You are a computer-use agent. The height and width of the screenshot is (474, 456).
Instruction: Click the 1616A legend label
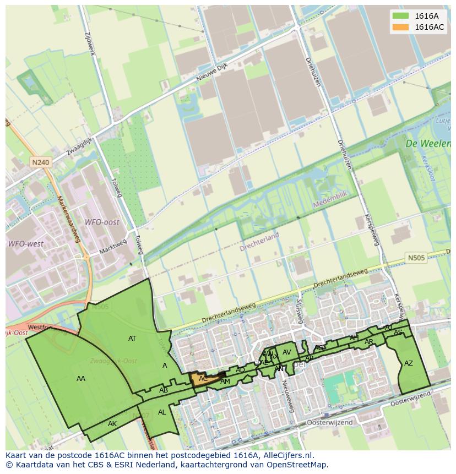(x=426, y=16)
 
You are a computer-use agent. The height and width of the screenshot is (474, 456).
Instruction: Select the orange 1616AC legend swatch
(x=401, y=27)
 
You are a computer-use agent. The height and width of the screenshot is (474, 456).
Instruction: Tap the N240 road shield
(x=40, y=162)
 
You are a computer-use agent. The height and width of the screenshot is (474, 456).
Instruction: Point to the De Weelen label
(x=427, y=143)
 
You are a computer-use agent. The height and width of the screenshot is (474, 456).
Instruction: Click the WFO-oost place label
(x=101, y=222)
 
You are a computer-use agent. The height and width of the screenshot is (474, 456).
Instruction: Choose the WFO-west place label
(x=25, y=243)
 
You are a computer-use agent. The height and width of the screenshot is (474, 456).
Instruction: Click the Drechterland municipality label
(x=259, y=242)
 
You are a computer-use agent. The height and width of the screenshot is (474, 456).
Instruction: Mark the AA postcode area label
(x=81, y=378)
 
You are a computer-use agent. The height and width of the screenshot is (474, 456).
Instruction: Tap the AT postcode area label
(x=132, y=339)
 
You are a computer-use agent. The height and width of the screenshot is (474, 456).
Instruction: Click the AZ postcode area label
(x=408, y=363)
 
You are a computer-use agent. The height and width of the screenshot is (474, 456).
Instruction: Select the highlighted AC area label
(x=203, y=379)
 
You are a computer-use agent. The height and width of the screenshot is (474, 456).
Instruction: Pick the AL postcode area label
(x=162, y=412)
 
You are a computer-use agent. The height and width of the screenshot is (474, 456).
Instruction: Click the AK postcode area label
(x=112, y=424)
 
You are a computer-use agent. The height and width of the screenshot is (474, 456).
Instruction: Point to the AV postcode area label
(x=286, y=352)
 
